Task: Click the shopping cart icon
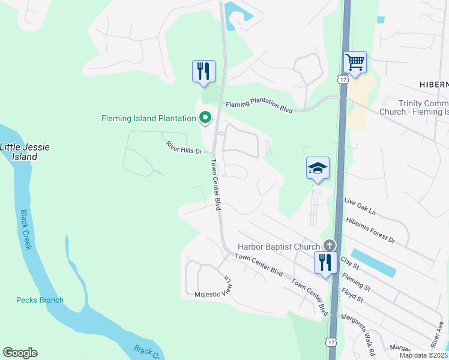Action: tap(355, 62)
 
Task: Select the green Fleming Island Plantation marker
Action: tap(205, 118)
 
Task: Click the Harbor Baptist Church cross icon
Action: tap(329, 245)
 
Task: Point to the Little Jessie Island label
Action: tap(19, 152)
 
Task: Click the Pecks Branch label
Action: tap(40, 300)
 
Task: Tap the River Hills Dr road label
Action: tap(184, 148)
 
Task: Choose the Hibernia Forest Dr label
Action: tap(370, 230)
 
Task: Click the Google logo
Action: tap(20, 353)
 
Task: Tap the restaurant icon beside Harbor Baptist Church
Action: tap(324, 263)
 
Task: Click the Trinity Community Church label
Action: tap(414, 107)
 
